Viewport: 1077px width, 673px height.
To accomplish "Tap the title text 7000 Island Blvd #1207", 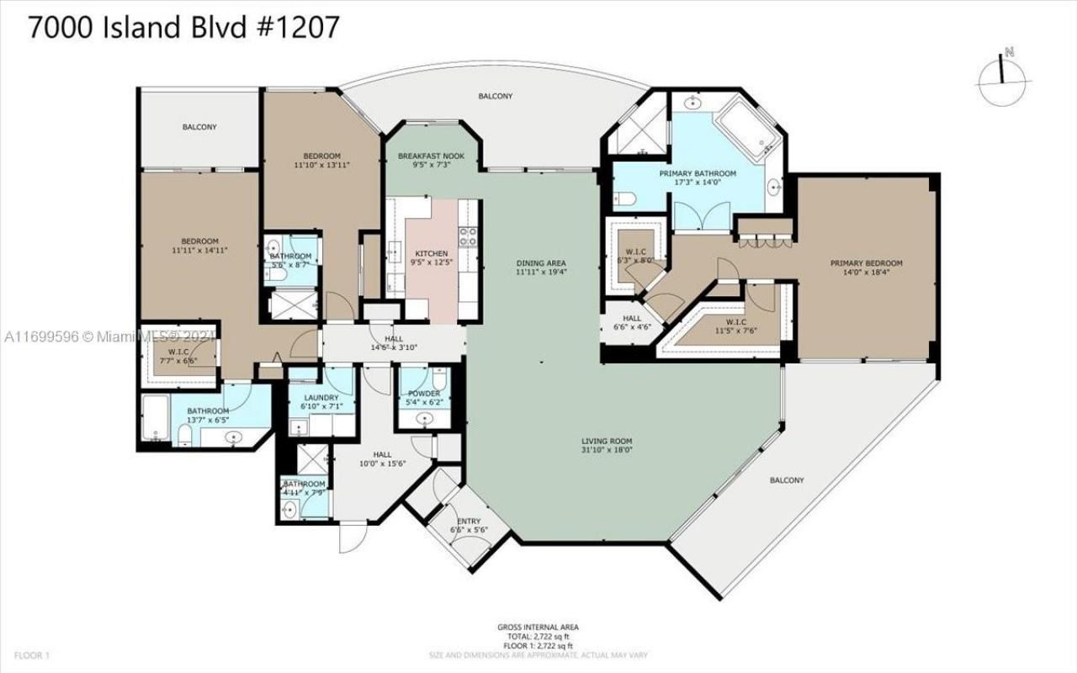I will [x=184, y=27].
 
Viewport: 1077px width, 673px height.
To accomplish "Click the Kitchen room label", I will [x=432, y=257].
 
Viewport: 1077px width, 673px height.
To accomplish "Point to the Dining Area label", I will [x=541, y=268].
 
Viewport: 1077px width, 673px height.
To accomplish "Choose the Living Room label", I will [x=607, y=446].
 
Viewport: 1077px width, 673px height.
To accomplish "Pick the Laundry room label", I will [x=321, y=402].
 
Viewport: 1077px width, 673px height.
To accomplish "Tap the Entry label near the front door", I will [x=470, y=526].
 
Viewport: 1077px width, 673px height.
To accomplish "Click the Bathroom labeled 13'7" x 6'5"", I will [x=208, y=415].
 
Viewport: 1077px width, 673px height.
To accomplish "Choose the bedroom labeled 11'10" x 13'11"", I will [x=321, y=161].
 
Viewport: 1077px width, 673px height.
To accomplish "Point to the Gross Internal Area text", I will [x=538, y=632].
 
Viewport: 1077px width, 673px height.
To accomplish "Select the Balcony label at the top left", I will [x=199, y=127].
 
